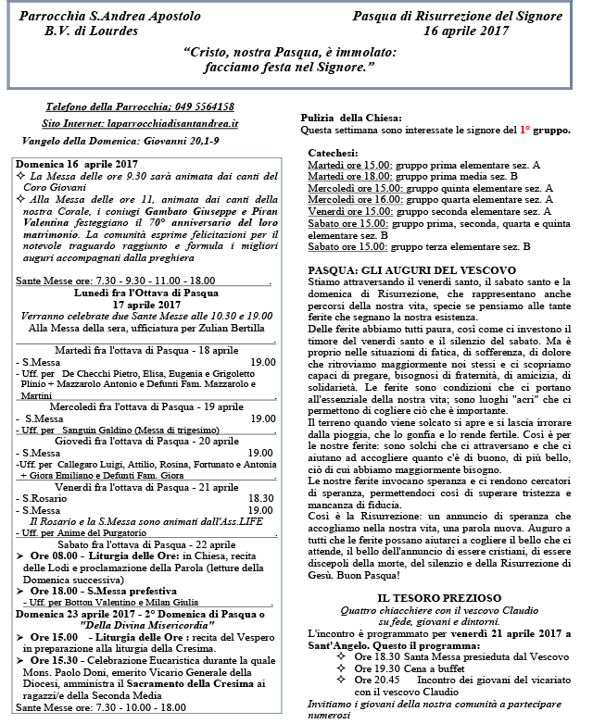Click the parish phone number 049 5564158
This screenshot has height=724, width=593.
202,106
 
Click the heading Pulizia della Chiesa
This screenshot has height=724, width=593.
351,118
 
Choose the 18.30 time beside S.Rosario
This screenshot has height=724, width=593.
261,497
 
